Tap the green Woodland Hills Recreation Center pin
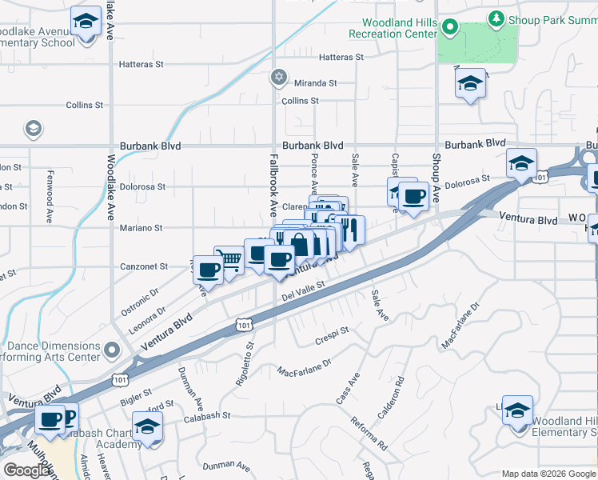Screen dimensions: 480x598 click(450, 29)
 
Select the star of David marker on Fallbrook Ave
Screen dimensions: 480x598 click(278, 77)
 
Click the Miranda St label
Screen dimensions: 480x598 click(314, 82)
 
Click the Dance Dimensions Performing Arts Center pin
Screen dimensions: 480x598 click(113, 350)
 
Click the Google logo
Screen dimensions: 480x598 click(27, 470)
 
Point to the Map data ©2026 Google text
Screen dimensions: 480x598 click(548, 474)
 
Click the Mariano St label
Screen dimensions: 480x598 click(142, 228)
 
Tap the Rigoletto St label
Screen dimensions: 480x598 click(245, 364)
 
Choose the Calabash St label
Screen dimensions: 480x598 click(205, 415)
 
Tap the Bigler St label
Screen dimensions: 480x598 click(136, 394)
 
